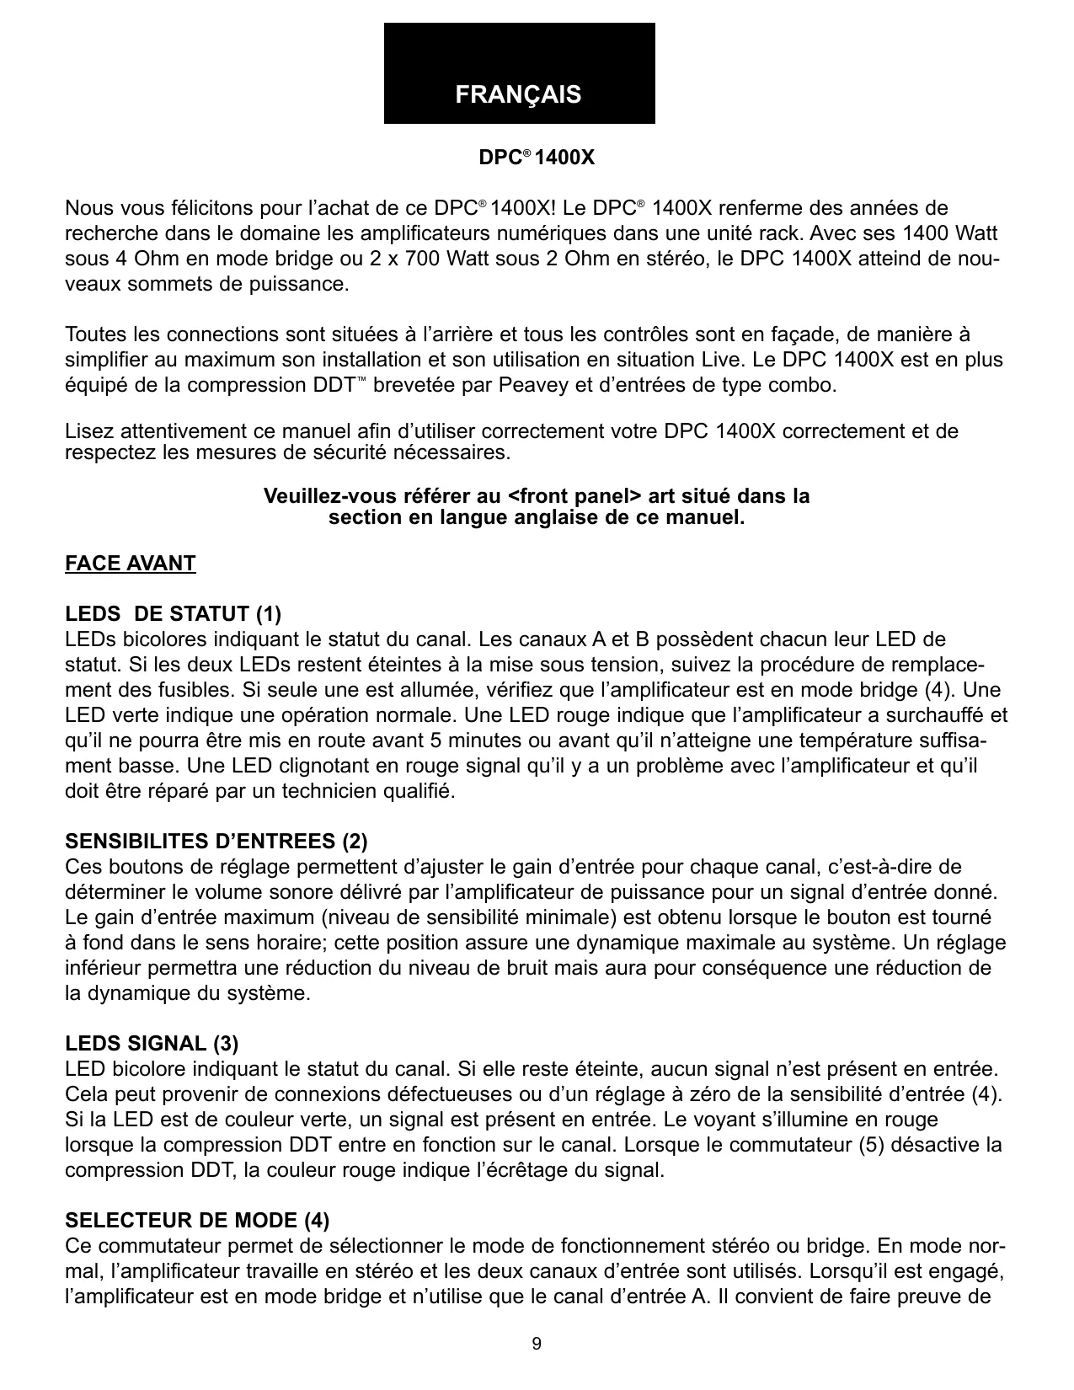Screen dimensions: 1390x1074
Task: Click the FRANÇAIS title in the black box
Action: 518,94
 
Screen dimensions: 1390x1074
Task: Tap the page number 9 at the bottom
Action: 537,1344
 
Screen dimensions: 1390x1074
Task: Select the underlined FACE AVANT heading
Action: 131,564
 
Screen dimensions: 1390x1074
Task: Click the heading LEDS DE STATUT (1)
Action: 174,613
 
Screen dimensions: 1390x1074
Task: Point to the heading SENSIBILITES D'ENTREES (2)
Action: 216,841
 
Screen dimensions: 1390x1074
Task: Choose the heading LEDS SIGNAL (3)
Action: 152,1043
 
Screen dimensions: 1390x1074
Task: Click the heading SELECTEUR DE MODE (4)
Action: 197,1220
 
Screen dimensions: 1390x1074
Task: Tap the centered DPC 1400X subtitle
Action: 537,158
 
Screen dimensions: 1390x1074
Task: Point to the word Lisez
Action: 89,432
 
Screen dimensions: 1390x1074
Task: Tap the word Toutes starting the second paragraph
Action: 95,335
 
